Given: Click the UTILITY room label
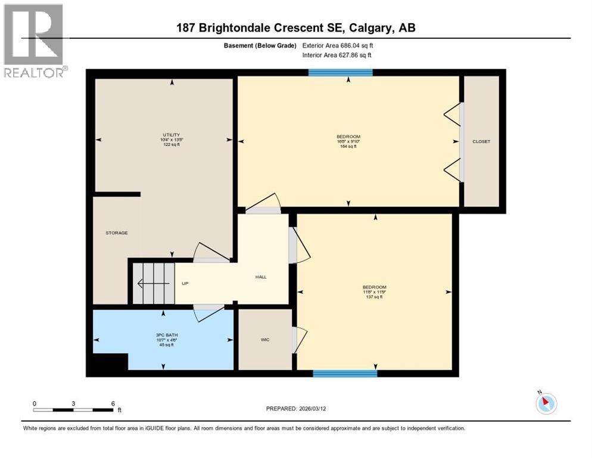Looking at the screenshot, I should pyautogui.click(x=171, y=135).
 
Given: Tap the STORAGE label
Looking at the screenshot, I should pyautogui.click(x=117, y=233).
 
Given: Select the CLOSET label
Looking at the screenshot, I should pyautogui.click(x=481, y=141).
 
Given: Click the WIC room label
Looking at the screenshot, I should pyautogui.click(x=265, y=339).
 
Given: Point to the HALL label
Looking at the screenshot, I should pyautogui.click(x=261, y=277).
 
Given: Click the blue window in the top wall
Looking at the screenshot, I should pyautogui.click(x=341, y=73).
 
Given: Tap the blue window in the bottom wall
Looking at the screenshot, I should pyautogui.click(x=345, y=374).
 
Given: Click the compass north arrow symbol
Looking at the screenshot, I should pyautogui.click(x=546, y=403).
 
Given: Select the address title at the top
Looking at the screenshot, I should pyautogui.click(x=295, y=28).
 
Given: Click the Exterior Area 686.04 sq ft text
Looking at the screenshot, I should pyautogui.click(x=338, y=45).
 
